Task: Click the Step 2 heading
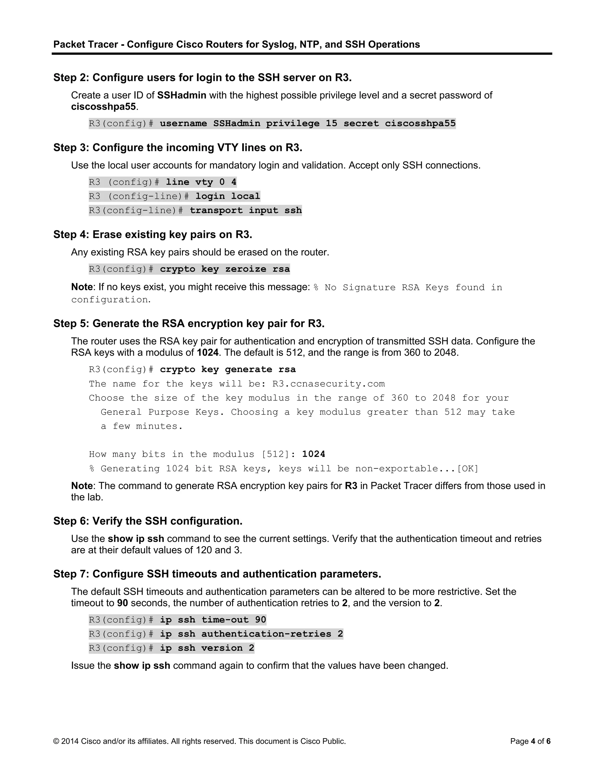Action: (202, 78)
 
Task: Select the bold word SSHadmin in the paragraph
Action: (181, 95)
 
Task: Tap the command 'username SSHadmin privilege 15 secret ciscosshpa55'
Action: (307, 123)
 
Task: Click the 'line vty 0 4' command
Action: (201, 182)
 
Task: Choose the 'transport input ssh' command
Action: (245, 210)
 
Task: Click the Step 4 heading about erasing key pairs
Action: (153, 235)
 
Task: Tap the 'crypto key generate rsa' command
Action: (228, 369)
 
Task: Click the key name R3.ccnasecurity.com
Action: (329, 384)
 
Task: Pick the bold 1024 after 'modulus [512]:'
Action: (314, 454)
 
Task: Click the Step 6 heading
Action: (148, 521)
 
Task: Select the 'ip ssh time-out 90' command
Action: (213, 620)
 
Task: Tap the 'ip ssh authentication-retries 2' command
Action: (251, 634)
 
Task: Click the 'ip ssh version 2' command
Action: (207, 648)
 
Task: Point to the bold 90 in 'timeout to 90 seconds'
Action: (122, 603)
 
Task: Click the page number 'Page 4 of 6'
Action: (530, 741)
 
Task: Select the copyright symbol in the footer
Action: (56, 741)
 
